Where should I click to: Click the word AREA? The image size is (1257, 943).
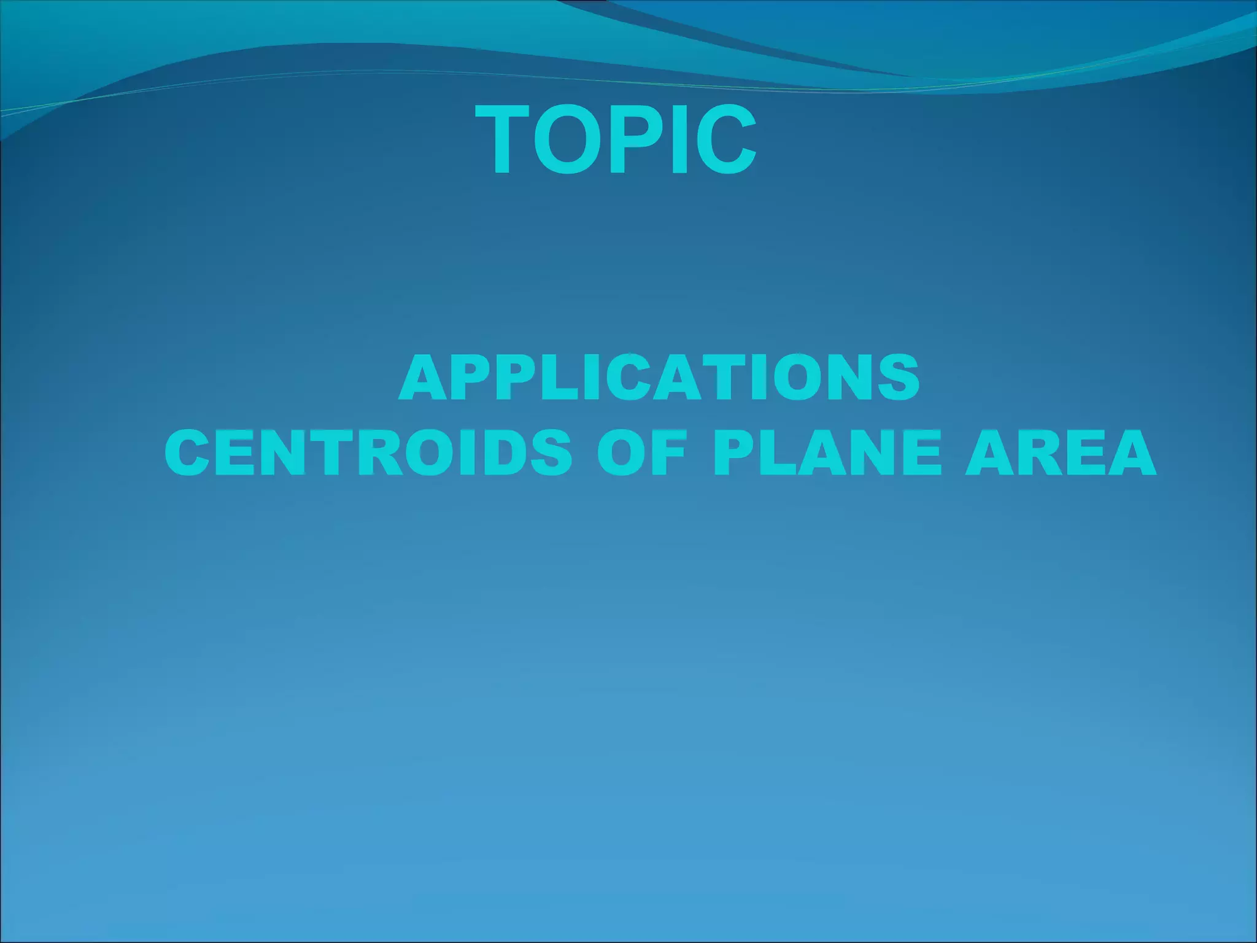(x=1060, y=452)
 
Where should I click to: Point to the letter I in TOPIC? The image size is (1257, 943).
(x=679, y=141)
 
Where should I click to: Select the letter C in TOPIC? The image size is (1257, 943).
(x=724, y=141)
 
